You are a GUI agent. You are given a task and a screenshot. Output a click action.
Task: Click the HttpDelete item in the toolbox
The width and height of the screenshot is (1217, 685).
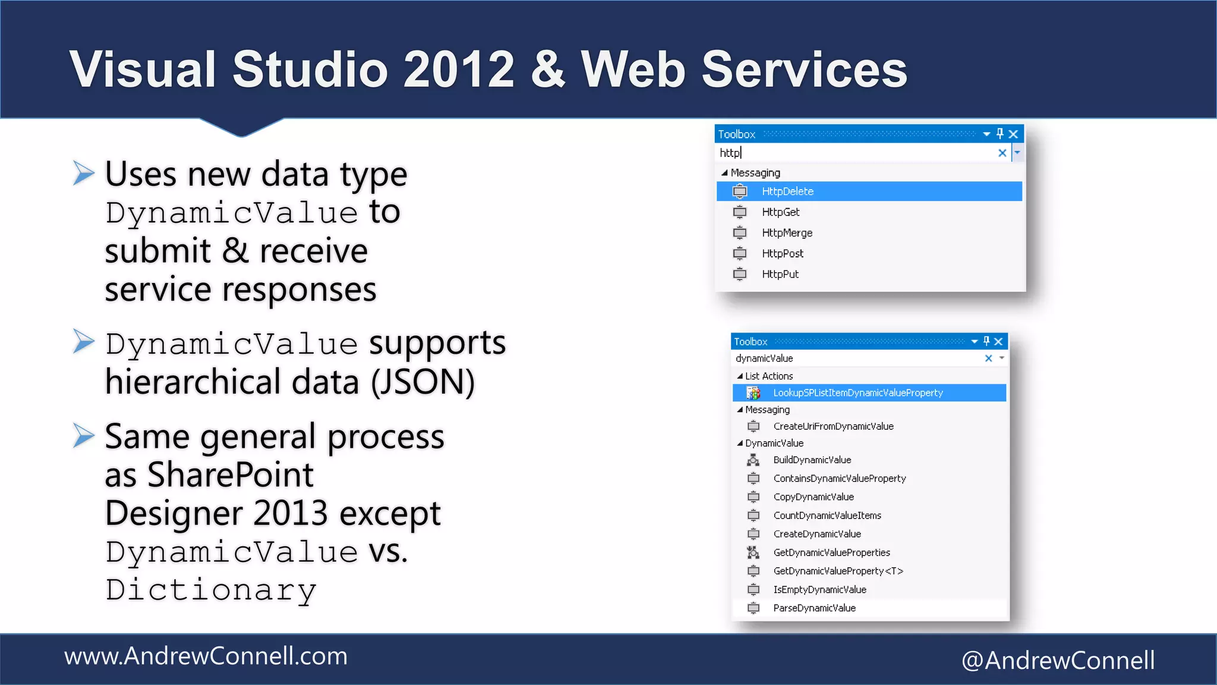pyautogui.click(x=787, y=191)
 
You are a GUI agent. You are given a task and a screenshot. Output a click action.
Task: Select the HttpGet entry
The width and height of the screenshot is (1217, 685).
pyautogui.click(x=780, y=212)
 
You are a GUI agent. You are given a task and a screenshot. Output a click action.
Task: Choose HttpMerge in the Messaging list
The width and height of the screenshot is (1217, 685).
pyautogui.click(x=787, y=233)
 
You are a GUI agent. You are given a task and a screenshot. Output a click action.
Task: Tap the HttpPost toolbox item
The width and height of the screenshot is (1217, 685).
pyautogui.click(x=782, y=254)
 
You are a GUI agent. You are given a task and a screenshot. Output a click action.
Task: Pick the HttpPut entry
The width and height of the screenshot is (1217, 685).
pyautogui.click(x=780, y=274)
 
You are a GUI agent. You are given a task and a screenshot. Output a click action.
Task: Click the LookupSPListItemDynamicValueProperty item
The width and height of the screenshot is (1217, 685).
pyautogui.click(x=857, y=393)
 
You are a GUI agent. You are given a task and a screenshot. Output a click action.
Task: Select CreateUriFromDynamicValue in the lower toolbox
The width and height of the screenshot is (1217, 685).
pyautogui.click(x=833, y=426)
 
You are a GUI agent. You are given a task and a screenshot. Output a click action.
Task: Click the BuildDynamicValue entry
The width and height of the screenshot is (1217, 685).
pyautogui.click(x=812, y=460)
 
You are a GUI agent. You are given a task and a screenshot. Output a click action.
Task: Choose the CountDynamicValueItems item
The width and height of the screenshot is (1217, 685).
pyautogui.click(x=827, y=516)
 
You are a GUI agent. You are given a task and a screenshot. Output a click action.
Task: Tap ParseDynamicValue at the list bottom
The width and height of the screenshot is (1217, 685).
pyautogui.click(x=814, y=608)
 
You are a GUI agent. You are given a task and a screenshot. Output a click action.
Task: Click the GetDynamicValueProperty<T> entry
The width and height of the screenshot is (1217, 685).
pyautogui.click(x=838, y=571)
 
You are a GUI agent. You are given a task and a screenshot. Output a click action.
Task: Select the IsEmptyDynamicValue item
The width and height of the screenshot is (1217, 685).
pyautogui.click(x=819, y=590)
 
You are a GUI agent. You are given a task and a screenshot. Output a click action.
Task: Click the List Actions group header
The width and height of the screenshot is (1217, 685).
pyautogui.click(x=768, y=376)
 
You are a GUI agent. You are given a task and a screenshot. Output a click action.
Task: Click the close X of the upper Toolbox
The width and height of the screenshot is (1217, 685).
pyautogui.click(x=1014, y=134)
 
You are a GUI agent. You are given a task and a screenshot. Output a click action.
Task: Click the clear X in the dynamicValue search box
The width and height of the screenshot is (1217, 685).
pyautogui.click(x=988, y=359)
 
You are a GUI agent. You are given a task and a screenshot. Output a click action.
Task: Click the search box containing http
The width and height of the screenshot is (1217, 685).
pyautogui.click(x=856, y=153)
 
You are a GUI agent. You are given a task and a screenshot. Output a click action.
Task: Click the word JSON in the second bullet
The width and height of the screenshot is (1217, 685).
pyautogui.click(x=423, y=382)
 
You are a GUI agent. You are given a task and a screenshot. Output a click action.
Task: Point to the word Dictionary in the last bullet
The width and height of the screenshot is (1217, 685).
pyautogui.click(x=211, y=590)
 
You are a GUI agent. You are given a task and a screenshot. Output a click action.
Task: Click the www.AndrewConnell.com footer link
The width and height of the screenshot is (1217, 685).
pyautogui.click(x=206, y=656)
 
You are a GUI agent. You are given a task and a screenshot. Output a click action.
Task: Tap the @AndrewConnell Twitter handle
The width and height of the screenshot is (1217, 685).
pyautogui.click(x=1058, y=661)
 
